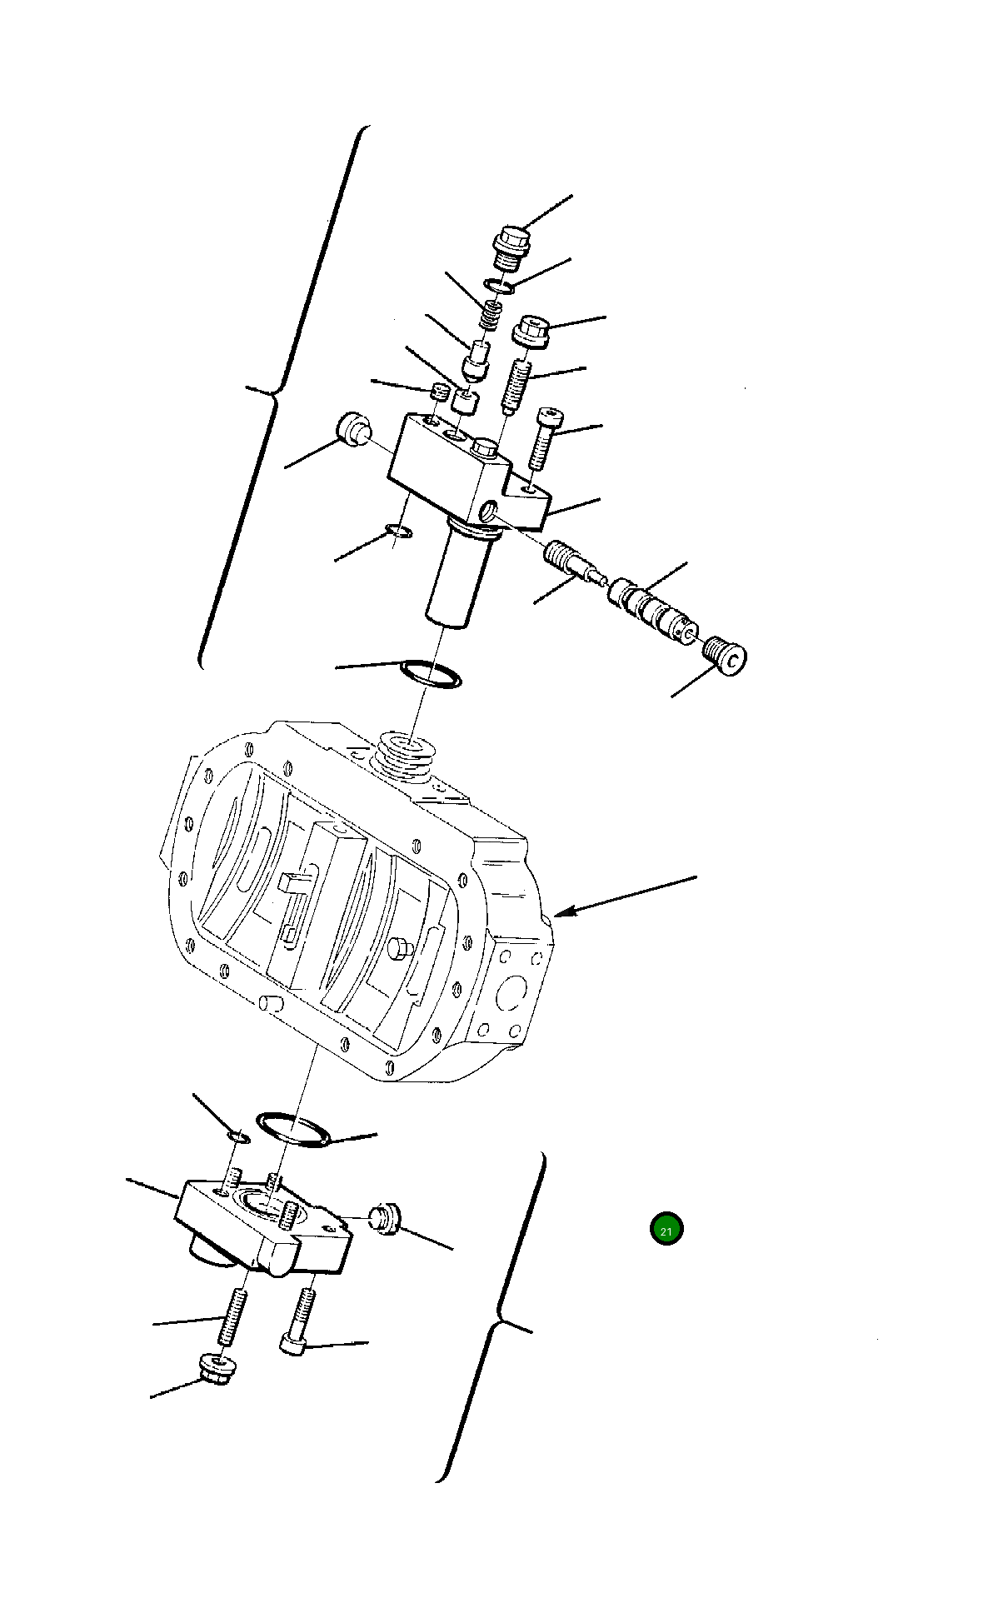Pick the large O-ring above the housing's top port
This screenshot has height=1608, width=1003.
point(431,673)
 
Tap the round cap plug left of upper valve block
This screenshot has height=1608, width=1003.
point(353,428)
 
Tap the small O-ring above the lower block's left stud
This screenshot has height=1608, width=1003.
point(237,1138)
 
